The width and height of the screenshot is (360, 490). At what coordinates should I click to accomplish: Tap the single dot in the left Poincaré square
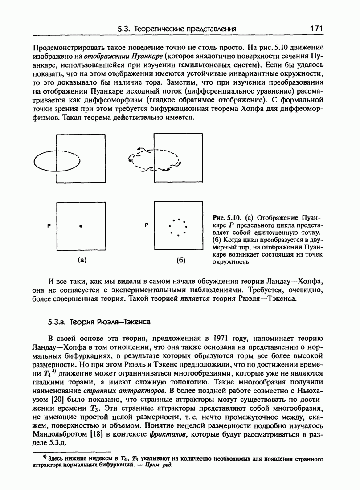81,226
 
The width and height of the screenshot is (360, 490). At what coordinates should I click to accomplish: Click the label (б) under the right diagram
180,260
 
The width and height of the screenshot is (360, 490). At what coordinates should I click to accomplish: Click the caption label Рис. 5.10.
227,218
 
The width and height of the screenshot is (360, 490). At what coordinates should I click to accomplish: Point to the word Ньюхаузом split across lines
307,383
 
